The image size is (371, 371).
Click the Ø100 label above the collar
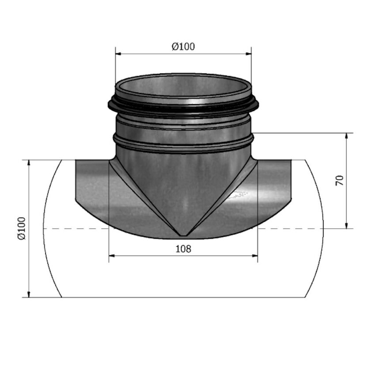point(183,46)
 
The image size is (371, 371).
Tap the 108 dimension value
point(183,249)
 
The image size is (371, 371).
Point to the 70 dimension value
point(340,180)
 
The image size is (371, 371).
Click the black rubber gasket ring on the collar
point(183,107)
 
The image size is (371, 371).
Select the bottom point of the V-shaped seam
point(183,234)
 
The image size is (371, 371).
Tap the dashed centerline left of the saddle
point(75,229)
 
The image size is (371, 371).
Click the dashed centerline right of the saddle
point(291,229)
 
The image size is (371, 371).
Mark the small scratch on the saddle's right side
point(241,193)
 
